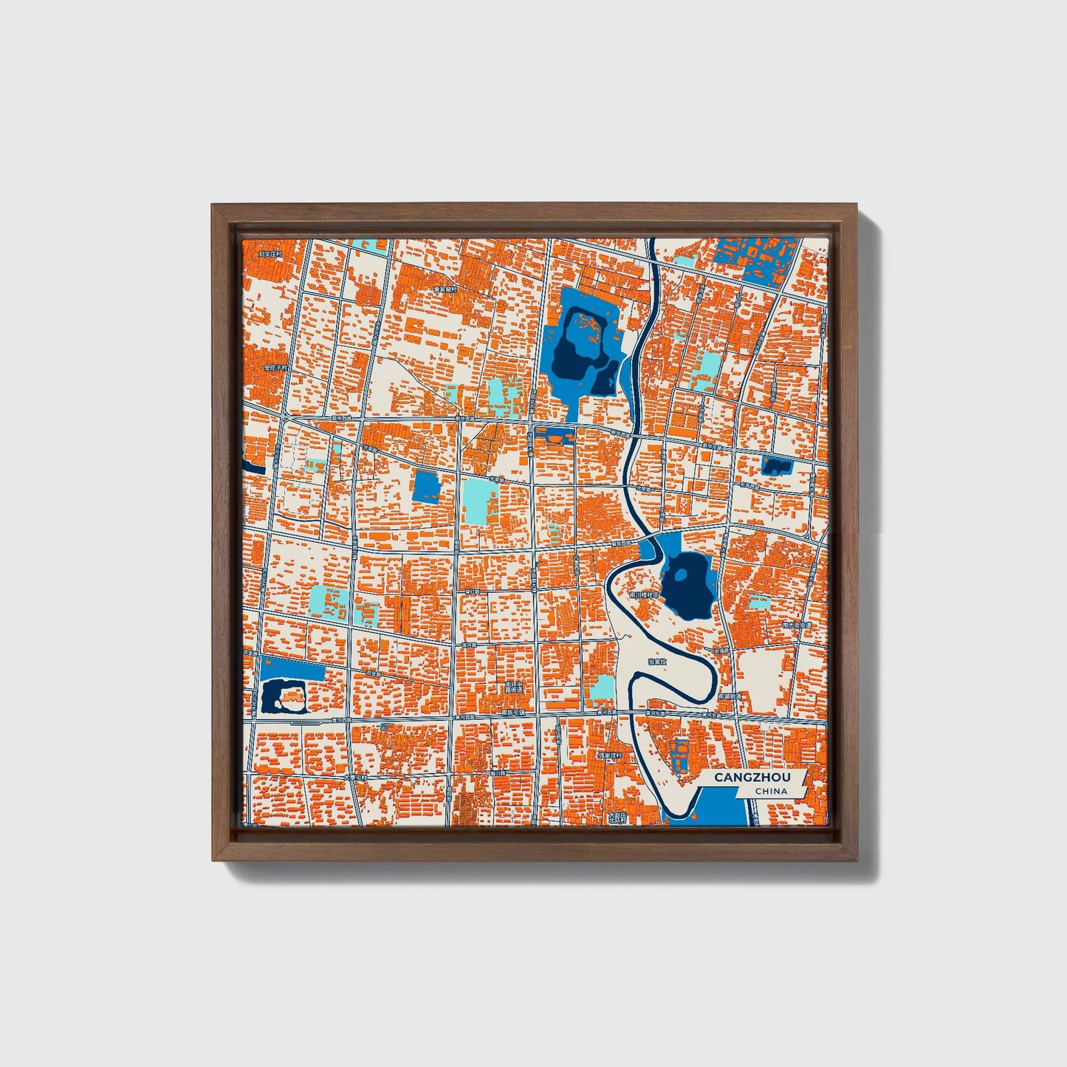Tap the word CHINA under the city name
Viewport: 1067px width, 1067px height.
(x=771, y=791)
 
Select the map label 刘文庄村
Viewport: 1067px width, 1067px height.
(x=270, y=253)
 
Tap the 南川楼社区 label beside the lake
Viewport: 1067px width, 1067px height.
(x=642, y=593)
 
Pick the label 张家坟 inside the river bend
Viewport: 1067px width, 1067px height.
(x=656, y=662)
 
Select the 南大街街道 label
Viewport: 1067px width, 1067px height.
(x=797, y=625)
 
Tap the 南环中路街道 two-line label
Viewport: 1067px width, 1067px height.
(x=514, y=688)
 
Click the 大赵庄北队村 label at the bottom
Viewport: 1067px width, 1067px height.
(x=617, y=817)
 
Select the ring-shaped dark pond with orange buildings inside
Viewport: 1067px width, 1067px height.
(x=284, y=696)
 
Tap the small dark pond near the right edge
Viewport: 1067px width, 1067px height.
(x=776, y=465)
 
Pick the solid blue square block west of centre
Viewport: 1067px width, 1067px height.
(x=426, y=487)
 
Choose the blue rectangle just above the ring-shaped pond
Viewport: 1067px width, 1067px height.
(x=292, y=669)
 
